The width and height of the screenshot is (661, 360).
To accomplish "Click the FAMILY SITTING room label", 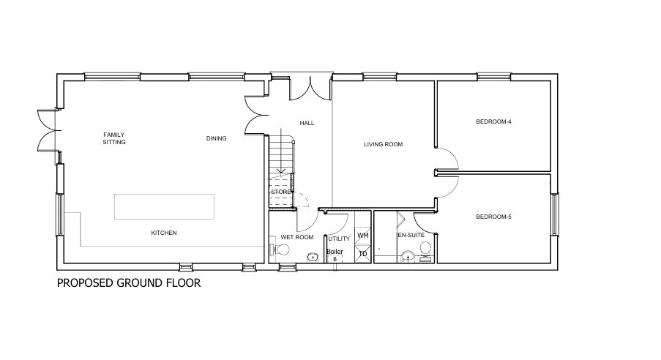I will pos(114,138).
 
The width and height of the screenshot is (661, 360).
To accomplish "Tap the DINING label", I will pos(216,138).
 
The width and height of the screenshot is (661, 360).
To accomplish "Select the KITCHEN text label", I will pos(164,233).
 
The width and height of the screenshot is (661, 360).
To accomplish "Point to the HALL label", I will pos(307,123).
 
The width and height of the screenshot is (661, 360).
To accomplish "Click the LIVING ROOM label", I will pos(384,144).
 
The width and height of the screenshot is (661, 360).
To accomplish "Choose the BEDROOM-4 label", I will pos(493,121).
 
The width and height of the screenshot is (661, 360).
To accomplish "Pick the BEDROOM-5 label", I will pos(493,217).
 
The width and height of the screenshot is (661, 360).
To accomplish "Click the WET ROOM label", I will pos(296,238).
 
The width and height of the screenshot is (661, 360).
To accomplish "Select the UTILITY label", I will pos(339,239).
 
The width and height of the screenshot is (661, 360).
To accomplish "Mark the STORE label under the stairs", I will pos(281,192).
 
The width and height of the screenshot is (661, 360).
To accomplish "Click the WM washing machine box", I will pos(362,236).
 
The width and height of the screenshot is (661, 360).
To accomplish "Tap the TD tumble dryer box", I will pos(362,254).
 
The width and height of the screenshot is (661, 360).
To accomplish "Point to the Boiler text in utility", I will pos(335,251).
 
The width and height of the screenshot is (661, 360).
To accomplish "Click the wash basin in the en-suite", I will pos(407,256).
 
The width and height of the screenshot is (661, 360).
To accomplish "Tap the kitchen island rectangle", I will pos(163,206).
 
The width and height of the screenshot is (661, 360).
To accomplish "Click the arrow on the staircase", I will pos(281,172).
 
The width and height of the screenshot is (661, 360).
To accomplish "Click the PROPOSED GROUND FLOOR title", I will pos(128,282).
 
